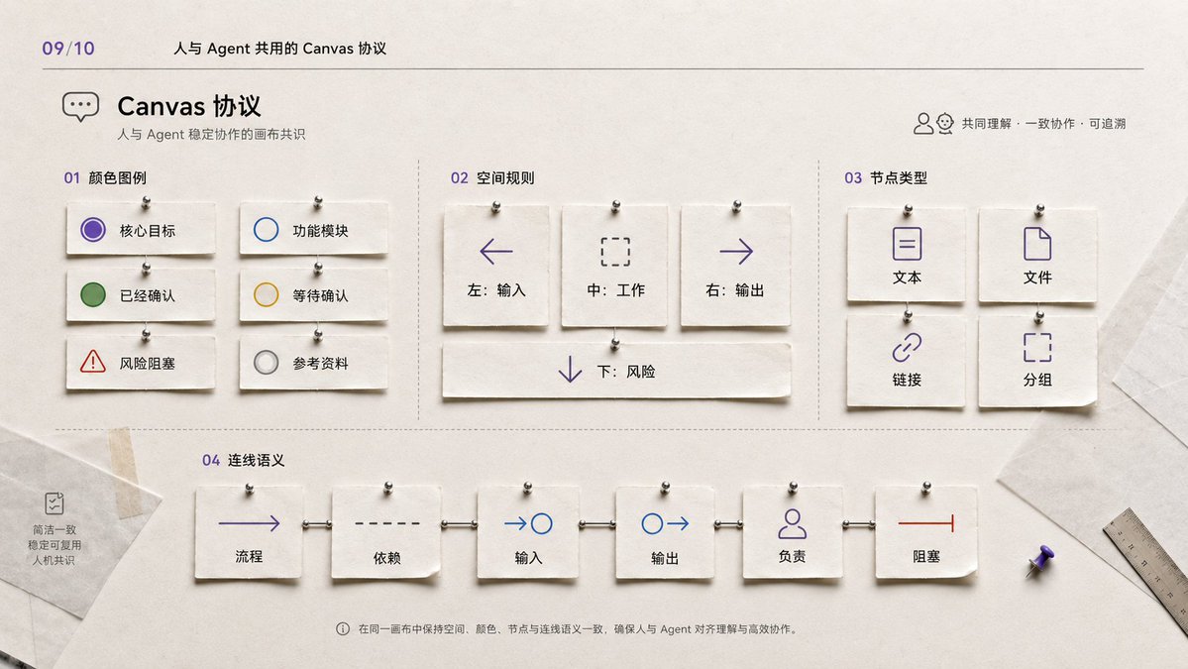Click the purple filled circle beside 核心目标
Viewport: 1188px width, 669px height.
93,230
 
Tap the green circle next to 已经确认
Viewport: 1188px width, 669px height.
93,294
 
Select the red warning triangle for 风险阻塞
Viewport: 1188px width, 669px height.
93,362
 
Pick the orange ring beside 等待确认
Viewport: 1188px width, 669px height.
266,294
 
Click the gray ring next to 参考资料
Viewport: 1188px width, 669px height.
266,362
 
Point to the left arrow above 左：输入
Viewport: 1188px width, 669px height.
496,252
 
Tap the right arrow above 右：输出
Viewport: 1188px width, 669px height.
735,252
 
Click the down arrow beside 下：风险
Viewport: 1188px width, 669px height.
570,370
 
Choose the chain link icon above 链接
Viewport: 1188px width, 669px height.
907,348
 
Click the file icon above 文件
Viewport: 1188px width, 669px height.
1037,244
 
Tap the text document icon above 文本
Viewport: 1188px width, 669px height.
907,244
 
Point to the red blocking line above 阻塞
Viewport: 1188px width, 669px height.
925,522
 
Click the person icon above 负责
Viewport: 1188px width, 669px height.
792,523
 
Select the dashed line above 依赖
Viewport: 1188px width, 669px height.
387,523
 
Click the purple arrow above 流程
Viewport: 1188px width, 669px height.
250,522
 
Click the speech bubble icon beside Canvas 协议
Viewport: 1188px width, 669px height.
80,107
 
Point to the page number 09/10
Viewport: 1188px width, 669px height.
68,49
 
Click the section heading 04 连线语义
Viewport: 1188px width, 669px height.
243,460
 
